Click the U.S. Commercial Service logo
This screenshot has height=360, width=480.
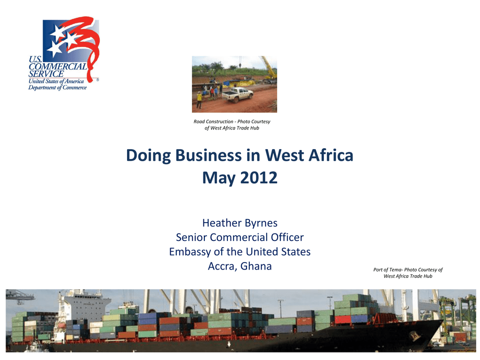64,53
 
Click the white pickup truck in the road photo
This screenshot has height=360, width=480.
237,95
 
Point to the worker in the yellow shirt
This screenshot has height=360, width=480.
199,100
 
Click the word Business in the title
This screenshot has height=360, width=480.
208,155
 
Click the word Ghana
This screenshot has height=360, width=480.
256,266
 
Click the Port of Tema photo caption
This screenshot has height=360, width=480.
408,273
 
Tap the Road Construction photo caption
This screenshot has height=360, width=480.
232,125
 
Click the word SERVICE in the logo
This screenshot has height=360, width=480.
46,74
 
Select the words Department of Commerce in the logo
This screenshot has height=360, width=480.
58,88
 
